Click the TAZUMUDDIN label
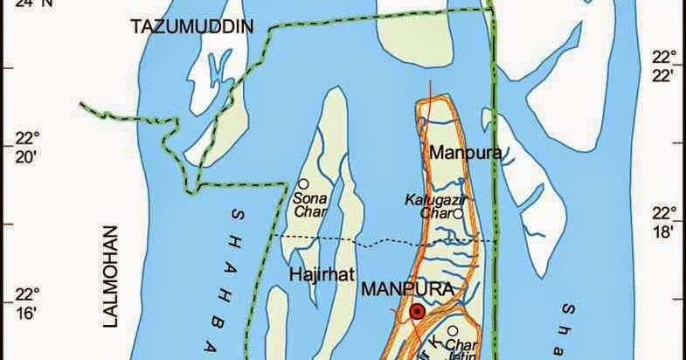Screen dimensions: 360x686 (191, 27)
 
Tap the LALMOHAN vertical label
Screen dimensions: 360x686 (110, 276)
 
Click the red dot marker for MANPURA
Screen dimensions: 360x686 (419, 311)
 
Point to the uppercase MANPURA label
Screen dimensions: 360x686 (410, 289)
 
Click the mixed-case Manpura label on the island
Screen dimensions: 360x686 (465, 153)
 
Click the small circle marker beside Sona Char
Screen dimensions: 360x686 (302, 184)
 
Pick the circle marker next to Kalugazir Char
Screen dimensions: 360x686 (457, 212)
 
